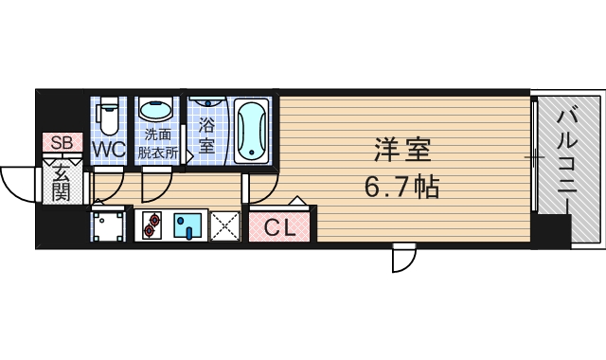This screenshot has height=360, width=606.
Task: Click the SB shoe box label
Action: click(61, 143)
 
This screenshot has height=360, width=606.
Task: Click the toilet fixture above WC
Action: click(109, 116)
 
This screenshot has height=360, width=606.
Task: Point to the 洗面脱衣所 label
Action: click(158, 141)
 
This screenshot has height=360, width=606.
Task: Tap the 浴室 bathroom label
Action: click(206, 134)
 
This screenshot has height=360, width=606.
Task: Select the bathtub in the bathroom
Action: click(253, 130)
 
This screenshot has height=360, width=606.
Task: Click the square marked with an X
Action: click(226, 226)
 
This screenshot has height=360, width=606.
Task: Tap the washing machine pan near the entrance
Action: click(109, 226)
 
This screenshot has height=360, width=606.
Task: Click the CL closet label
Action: click(280, 227)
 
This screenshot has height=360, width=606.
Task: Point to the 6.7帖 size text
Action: click(401, 186)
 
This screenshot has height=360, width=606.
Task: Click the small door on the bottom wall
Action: click(404, 257)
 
